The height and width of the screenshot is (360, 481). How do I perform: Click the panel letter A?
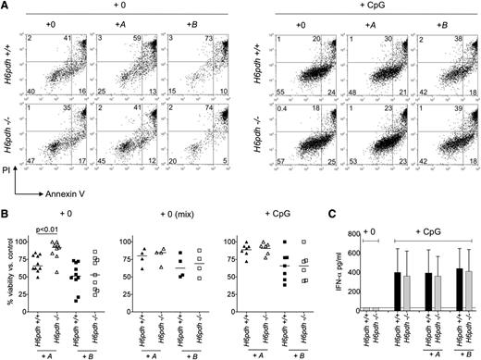[6, 6]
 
